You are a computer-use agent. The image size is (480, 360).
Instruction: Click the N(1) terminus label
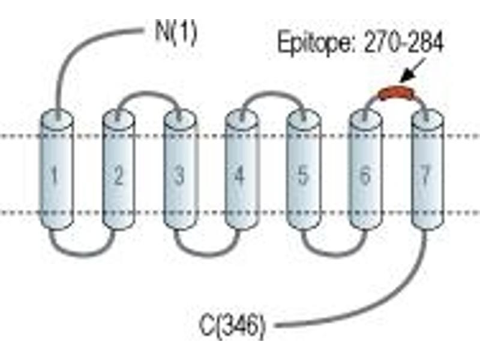point(176,33)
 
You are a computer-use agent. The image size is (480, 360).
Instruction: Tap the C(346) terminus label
point(232,326)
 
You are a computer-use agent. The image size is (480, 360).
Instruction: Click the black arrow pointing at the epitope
point(412,70)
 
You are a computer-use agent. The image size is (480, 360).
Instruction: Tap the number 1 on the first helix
point(55,176)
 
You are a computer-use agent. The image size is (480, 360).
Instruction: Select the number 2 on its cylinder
point(118,176)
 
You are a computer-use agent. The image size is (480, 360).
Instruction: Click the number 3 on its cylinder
point(179,176)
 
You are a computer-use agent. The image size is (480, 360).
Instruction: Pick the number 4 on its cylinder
point(241,176)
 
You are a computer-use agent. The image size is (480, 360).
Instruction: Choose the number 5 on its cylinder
point(302,176)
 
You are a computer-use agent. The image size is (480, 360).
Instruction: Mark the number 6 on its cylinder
point(365,176)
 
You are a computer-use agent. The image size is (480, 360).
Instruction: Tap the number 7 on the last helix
point(425,176)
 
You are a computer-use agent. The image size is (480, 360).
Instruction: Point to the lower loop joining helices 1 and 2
point(83,254)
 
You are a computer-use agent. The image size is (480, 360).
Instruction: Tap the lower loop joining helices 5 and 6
point(334,254)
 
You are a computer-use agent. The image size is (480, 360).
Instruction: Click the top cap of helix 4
point(241,117)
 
